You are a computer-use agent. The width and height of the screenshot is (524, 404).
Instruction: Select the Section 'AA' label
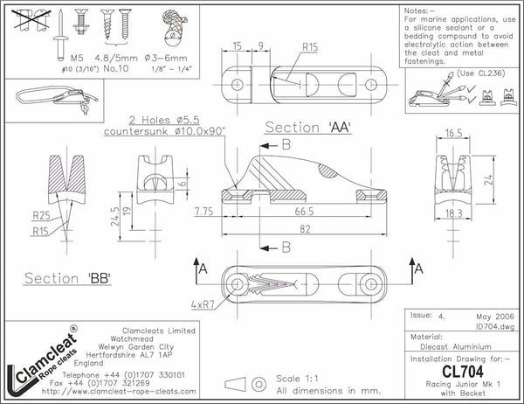pos(307,128)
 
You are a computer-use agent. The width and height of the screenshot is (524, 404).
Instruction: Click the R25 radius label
pos(41,213)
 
